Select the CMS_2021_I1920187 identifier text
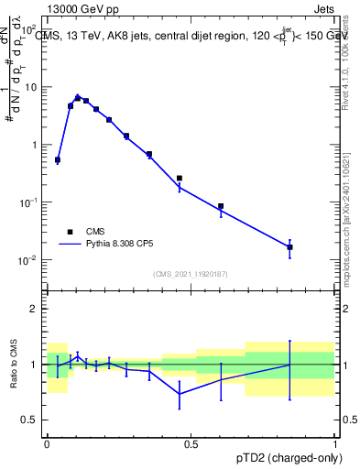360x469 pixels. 190,274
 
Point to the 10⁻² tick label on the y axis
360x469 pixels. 29,260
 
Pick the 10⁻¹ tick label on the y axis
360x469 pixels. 29,202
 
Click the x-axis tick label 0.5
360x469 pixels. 191,444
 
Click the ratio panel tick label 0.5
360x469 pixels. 30,420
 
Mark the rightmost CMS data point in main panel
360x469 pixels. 289,247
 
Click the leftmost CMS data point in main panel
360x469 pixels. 58,160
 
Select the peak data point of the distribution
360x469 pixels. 78,97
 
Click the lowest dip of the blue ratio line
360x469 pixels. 180,394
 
